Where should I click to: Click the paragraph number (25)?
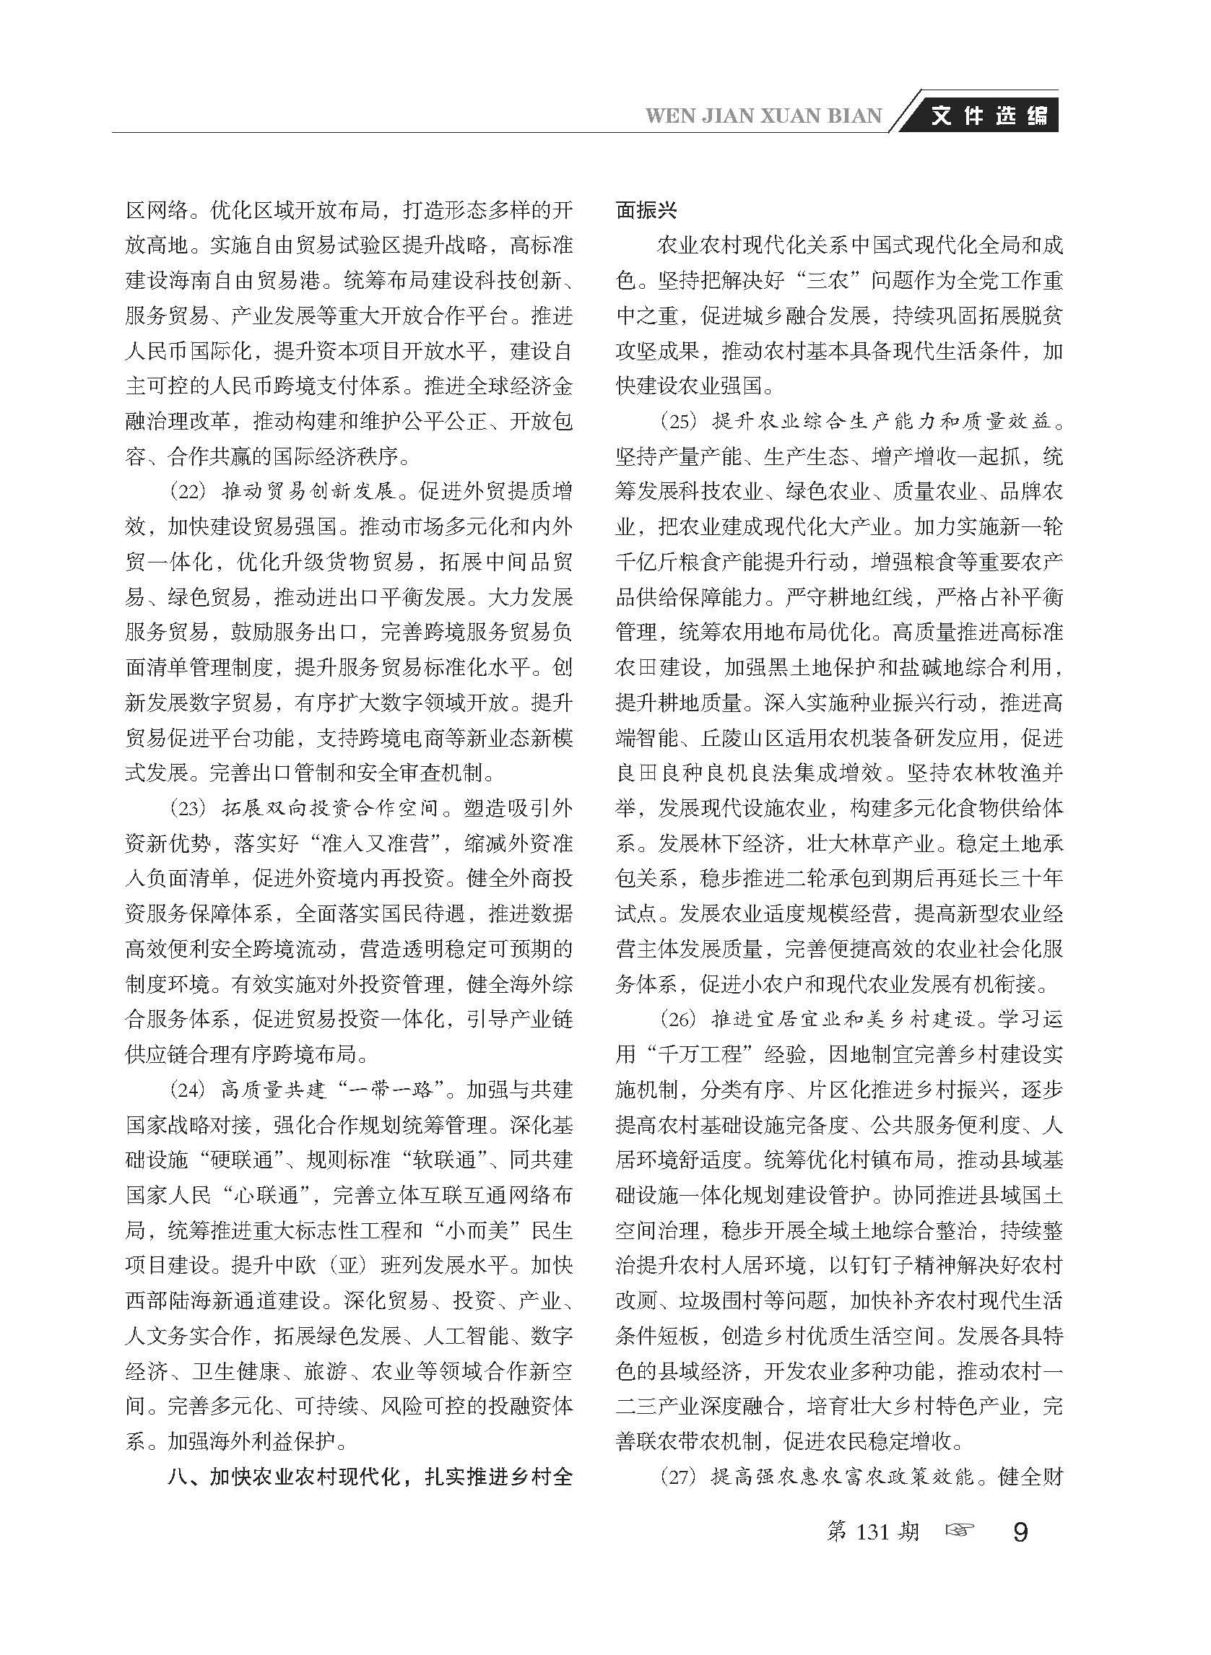(679, 422)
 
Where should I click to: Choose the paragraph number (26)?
(679, 1020)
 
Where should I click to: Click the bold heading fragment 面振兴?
(646, 211)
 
